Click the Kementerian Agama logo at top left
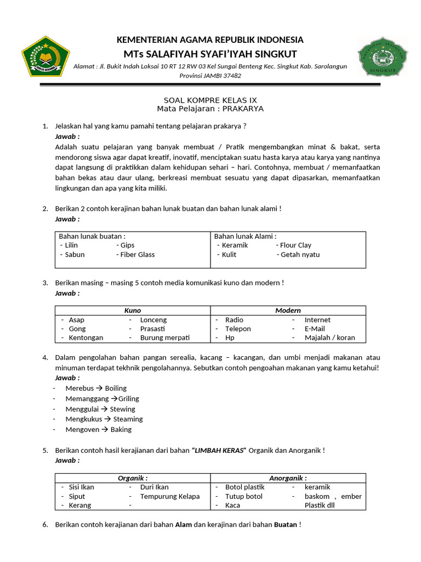[x=46, y=57]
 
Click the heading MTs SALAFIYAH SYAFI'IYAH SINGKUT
[x=210, y=54]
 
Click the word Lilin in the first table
[x=71, y=245]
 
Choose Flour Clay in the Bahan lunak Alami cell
[x=295, y=245]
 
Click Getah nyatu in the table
[x=300, y=255]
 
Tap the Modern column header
[x=288, y=310]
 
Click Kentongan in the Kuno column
[x=86, y=338]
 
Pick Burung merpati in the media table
[x=164, y=338]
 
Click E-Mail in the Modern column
[x=315, y=329]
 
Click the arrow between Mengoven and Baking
[x=105, y=430]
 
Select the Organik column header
[x=133, y=478]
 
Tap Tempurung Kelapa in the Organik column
[x=170, y=496]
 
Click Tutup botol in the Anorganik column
[x=244, y=496]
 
